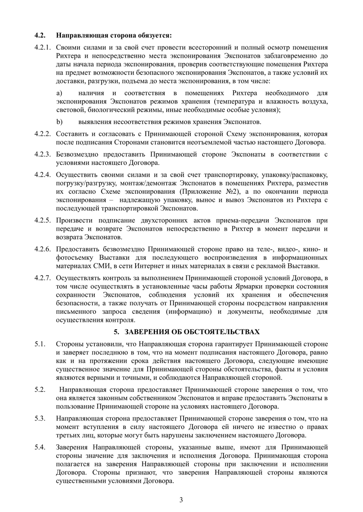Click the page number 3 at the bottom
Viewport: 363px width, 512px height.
pyautogui.click(x=181, y=500)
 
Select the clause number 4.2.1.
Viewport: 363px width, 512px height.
pyautogui.click(x=43, y=48)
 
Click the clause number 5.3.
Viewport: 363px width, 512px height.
pyautogui.click(x=39, y=418)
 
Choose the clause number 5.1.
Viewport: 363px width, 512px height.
pyautogui.click(x=39, y=344)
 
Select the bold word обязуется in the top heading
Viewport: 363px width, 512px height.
pyautogui.click(x=155, y=35)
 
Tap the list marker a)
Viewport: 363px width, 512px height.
pyautogui.click(x=59, y=93)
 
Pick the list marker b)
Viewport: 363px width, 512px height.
pyautogui.click(x=59, y=122)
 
